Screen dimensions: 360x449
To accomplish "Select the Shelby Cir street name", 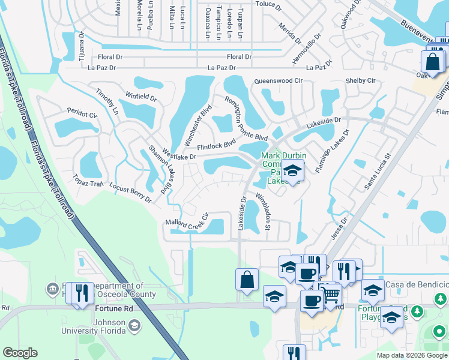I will tap(360, 81).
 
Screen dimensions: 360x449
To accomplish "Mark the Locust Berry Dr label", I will tap(130, 194).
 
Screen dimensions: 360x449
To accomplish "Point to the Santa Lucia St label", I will tap(378, 172).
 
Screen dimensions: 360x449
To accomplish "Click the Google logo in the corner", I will tap(21, 353).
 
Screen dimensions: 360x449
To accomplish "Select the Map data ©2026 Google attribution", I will tap(412, 355).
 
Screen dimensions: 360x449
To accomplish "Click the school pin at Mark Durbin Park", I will tap(292, 171).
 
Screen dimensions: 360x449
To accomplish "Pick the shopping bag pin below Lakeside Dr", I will tap(247, 280).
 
